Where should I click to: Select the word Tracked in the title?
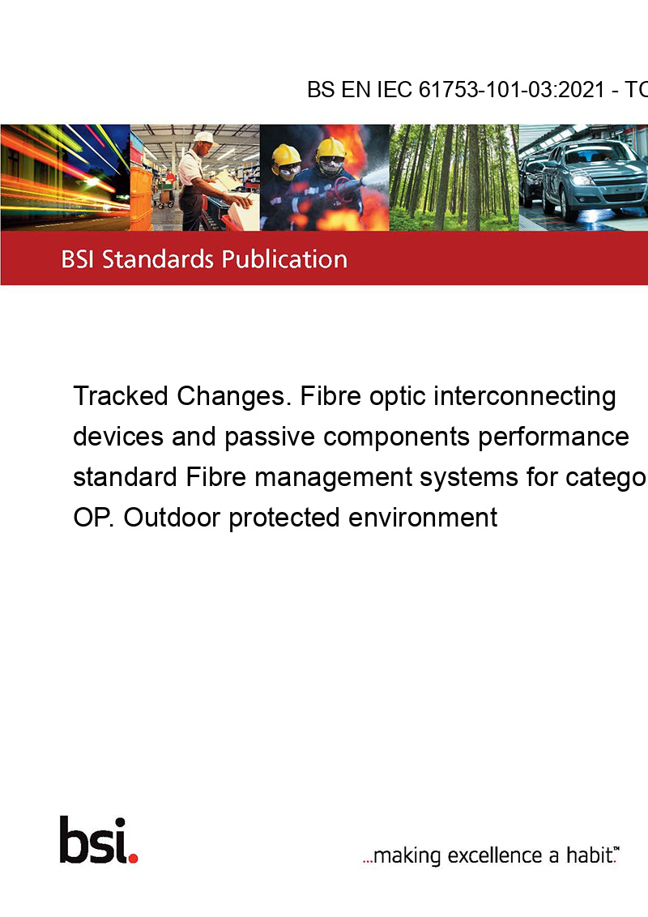point(121,396)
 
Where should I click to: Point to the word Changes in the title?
point(234,396)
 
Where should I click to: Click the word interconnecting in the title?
point(525,396)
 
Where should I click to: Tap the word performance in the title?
point(553,437)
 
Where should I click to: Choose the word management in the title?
point(334,478)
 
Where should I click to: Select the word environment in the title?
point(423,518)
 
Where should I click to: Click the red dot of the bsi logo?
point(133,858)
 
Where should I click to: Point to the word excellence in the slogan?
point(495,855)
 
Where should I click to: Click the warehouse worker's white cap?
point(205,138)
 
